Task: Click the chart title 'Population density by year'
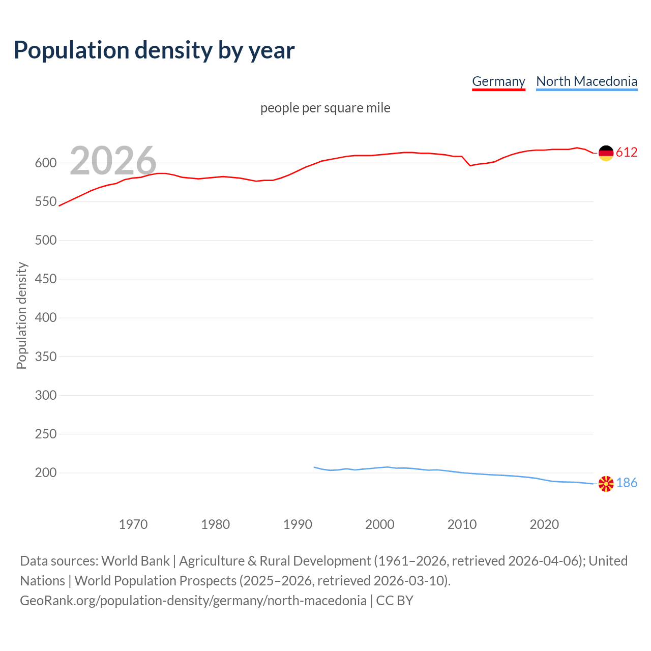coord(154,50)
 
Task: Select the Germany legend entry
coord(498,81)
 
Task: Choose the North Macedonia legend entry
coord(586,81)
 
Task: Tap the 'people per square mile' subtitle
coord(325,108)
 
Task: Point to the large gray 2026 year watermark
coord(113,161)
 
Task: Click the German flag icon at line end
coord(606,153)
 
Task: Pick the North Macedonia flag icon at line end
coord(606,484)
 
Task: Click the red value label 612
coord(627,153)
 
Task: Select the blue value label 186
coord(627,483)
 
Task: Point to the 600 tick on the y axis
coord(45,163)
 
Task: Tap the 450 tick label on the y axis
coord(45,279)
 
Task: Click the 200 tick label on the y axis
coord(45,473)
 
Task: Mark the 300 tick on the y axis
coord(45,395)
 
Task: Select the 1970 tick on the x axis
coord(133,524)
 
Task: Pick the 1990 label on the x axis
coord(298,524)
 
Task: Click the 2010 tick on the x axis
coord(462,524)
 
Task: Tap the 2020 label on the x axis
coord(544,524)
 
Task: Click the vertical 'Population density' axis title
coord(21,315)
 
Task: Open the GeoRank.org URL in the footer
coord(193,601)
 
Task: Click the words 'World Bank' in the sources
coord(135,561)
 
